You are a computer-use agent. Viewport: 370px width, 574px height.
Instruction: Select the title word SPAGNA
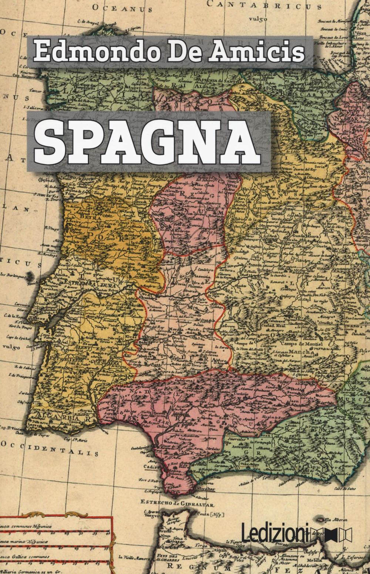[148, 141]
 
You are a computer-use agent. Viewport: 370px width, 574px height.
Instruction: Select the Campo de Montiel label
[301, 344]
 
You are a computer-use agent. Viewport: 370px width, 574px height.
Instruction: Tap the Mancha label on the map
[302, 352]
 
